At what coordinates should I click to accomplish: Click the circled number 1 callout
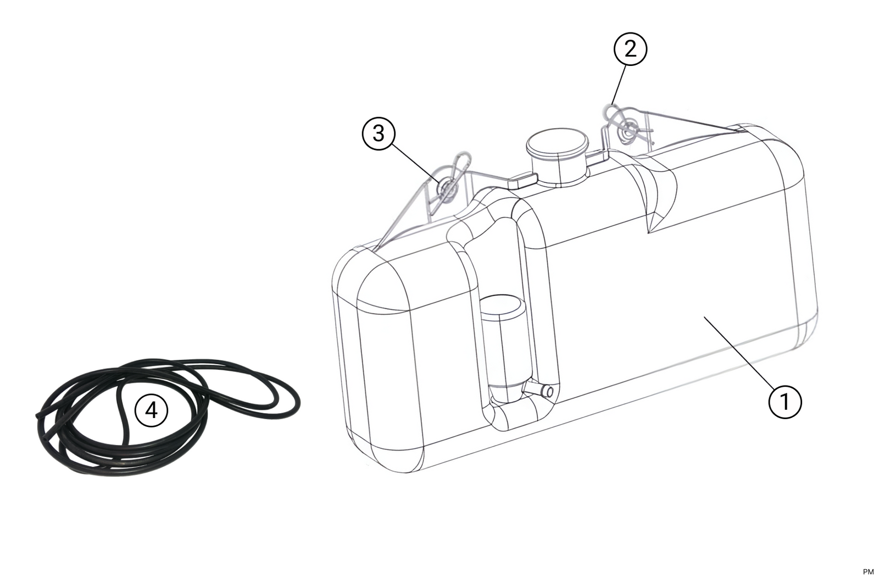click(x=785, y=402)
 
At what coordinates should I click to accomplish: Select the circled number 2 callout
click(x=630, y=49)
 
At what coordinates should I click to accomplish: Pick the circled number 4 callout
click(x=151, y=410)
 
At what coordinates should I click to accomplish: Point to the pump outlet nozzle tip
click(x=548, y=391)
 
